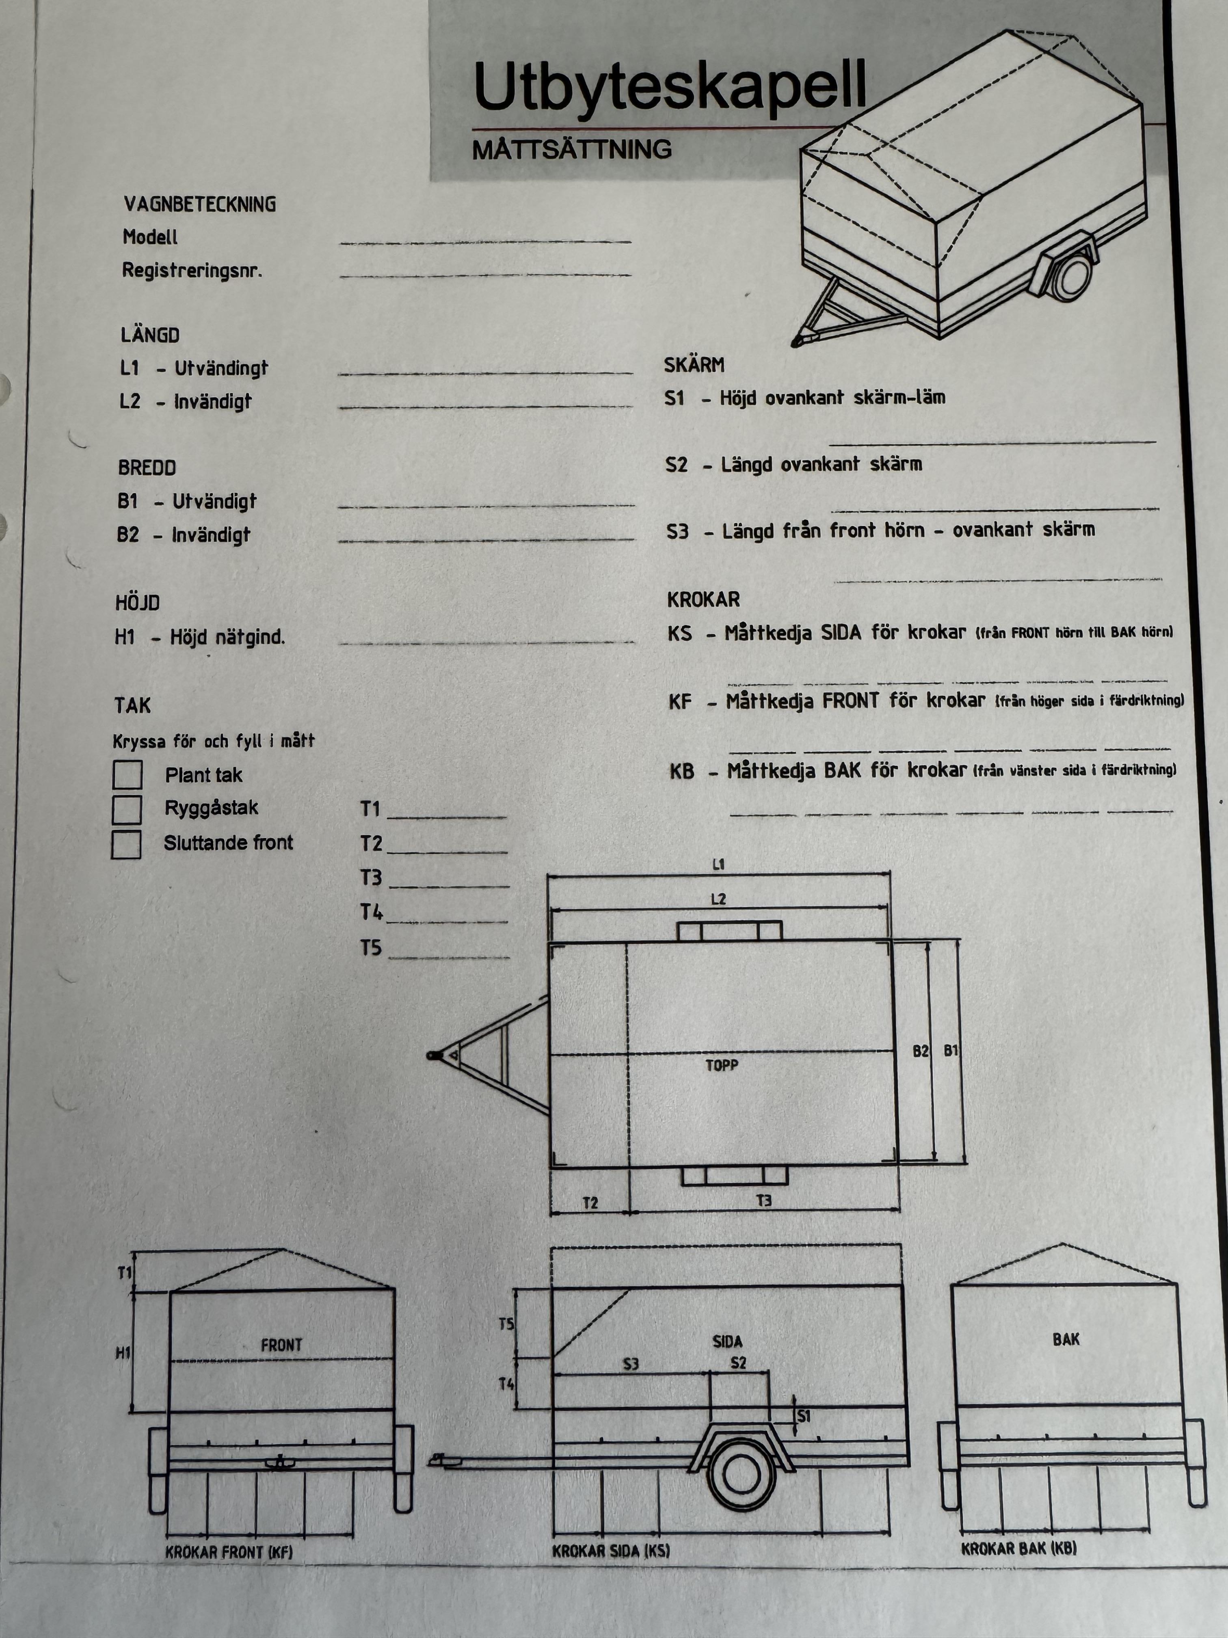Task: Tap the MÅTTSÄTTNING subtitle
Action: [x=571, y=149]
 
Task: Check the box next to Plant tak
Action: [x=128, y=775]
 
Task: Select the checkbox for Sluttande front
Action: [x=127, y=844]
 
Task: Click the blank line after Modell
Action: [x=485, y=240]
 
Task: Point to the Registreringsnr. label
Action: [x=192, y=270]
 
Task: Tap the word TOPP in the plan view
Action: [x=722, y=1066]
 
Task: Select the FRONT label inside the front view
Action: [x=281, y=1344]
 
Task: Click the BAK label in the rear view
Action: [x=1066, y=1339]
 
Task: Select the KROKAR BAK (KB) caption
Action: [x=1018, y=1548]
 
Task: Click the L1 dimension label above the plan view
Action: [x=718, y=864]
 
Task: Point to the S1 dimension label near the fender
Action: [x=804, y=1416]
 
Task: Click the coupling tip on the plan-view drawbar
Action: [x=432, y=1055]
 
